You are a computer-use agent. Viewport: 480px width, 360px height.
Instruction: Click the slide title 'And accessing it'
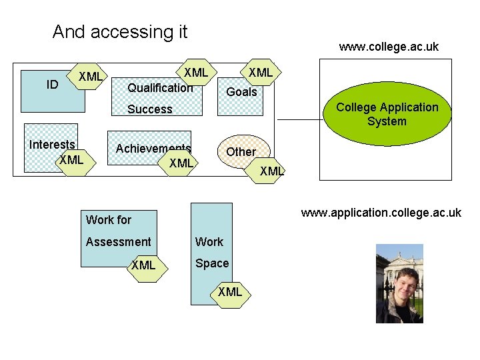click(120, 31)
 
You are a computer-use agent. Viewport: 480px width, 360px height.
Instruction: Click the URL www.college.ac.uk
click(389, 47)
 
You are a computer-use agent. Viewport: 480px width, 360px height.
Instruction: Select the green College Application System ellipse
click(387, 115)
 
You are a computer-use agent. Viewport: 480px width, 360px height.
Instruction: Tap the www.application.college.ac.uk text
click(381, 213)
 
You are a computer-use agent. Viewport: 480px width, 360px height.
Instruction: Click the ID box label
click(51, 84)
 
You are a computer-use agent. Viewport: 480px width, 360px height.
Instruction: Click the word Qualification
click(160, 88)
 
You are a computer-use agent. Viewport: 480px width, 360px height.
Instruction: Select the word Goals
click(241, 93)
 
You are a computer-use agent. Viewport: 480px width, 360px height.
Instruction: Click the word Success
click(149, 109)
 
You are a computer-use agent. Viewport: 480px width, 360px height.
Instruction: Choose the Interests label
click(52, 145)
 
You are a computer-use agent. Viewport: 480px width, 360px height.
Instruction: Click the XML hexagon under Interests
click(71, 160)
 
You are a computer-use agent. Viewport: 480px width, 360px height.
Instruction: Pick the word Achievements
click(153, 149)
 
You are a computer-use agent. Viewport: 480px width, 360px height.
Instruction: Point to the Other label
click(241, 152)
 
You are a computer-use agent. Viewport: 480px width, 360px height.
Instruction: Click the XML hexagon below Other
click(272, 171)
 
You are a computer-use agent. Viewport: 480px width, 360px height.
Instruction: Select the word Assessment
click(119, 242)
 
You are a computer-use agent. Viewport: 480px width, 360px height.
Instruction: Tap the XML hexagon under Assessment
click(143, 265)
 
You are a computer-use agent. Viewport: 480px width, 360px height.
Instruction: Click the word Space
click(212, 263)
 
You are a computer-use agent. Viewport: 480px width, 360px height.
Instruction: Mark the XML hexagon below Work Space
click(230, 292)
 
